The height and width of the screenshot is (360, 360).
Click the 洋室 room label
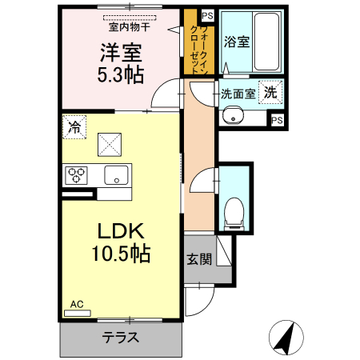pyautogui.click(x=120, y=54)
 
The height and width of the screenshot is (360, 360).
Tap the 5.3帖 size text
pyautogui.click(x=120, y=77)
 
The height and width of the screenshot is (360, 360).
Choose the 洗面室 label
pyautogui.click(x=238, y=94)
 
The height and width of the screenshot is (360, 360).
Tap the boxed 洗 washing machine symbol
pyautogui.click(x=271, y=92)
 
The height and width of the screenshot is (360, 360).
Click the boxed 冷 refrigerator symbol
pyautogui.click(x=74, y=126)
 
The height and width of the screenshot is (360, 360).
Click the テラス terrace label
pyautogui.click(x=121, y=337)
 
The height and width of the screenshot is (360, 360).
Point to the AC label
pyautogui.click(x=77, y=304)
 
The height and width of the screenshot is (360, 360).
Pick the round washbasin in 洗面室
pyautogui.click(x=234, y=116)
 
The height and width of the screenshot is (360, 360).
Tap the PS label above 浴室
pyautogui.click(x=206, y=15)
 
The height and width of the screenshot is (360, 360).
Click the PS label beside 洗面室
pyautogui.click(x=277, y=120)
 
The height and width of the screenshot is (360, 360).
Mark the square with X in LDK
pyautogui.click(x=109, y=143)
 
